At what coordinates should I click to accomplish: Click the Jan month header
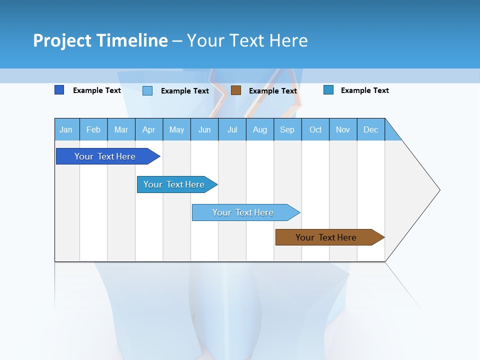(x=66, y=130)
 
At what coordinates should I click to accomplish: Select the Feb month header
(x=93, y=130)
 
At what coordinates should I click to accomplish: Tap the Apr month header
(x=148, y=130)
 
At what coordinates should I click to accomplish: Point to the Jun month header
(x=204, y=130)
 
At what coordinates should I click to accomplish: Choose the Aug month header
(x=259, y=130)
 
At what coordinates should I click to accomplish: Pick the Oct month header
(x=315, y=130)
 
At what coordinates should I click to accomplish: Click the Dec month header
(x=370, y=130)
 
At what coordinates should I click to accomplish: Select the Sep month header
(x=287, y=130)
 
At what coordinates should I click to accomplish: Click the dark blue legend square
(x=59, y=90)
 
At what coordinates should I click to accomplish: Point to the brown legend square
(x=236, y=90)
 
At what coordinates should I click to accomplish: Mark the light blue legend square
(x=147, y=90)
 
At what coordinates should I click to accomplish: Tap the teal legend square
(x=328, y=90)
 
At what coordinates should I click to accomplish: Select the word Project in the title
(x=61, y=40)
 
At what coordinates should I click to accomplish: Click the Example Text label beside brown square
(x=272, y=91)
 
